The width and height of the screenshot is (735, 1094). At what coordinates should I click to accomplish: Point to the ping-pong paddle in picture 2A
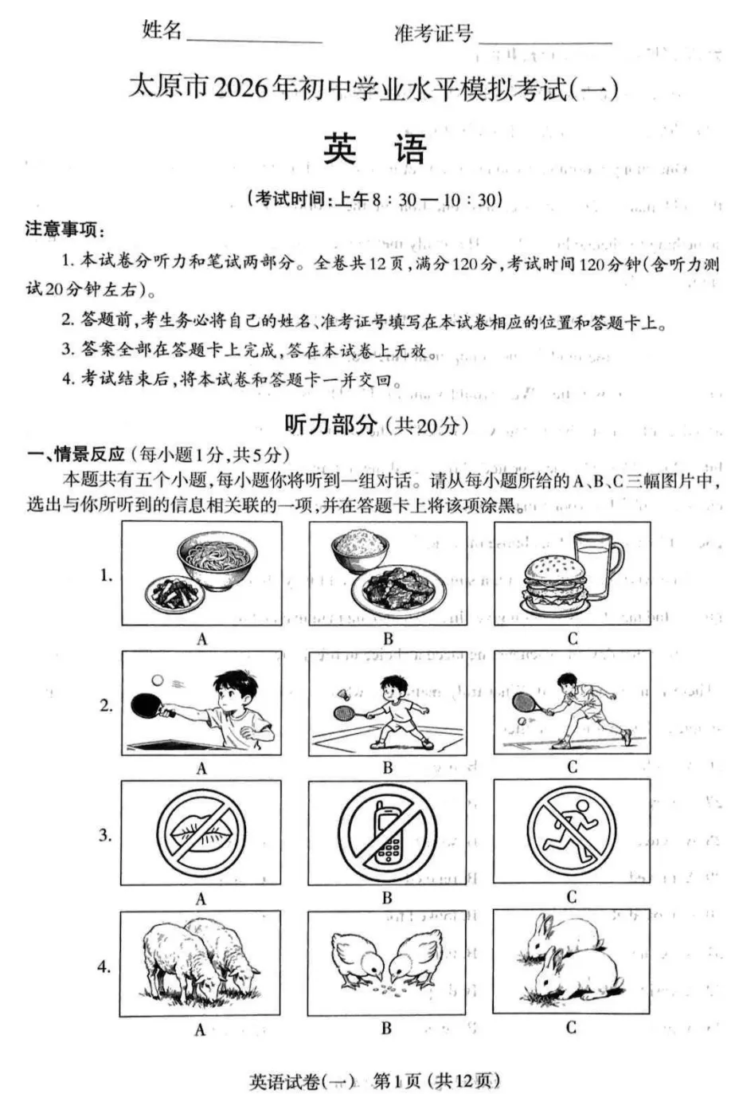(x=150, y=704)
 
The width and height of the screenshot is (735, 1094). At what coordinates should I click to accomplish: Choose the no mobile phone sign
(x=387, y=833)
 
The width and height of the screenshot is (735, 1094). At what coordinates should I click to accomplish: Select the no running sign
(x=572, y=831)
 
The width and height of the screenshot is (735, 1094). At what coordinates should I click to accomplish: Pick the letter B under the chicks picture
(x=386, y=1028)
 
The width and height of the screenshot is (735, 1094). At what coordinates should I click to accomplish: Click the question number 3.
(x=105, y=835)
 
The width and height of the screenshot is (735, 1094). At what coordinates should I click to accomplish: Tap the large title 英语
(x=375, y=149)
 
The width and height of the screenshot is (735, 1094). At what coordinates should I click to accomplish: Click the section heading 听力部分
(x=330, y=425)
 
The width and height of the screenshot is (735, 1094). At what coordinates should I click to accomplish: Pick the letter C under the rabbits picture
(x=571, y=1027)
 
